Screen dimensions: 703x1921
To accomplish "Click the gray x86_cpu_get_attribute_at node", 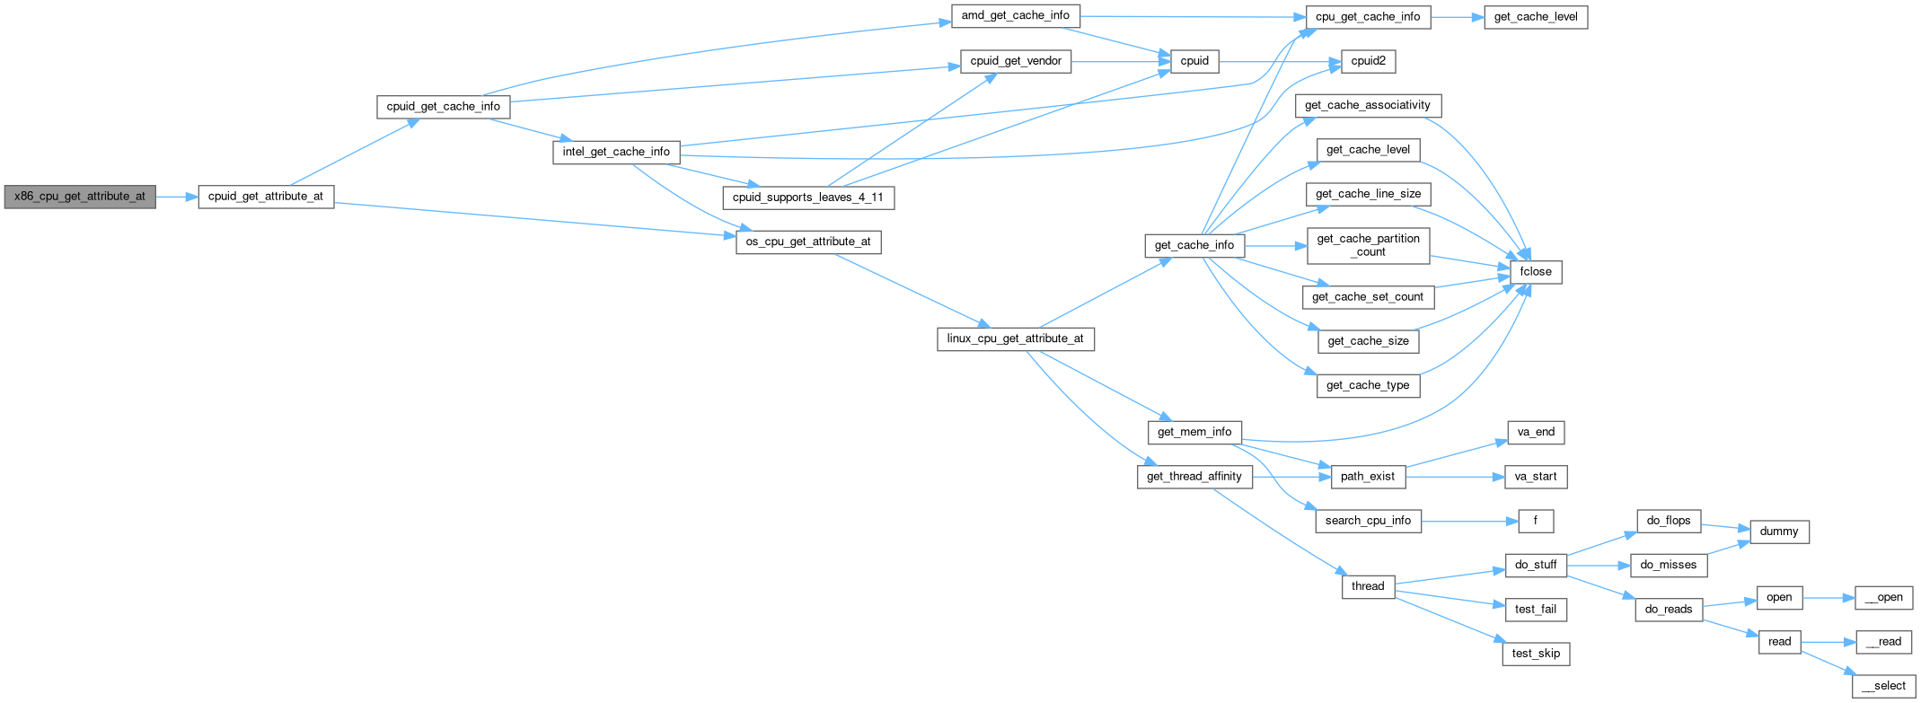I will coord(80,197).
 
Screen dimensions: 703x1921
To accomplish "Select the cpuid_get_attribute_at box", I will coord(266,197).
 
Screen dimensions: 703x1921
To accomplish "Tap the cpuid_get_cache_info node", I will coord(443,107).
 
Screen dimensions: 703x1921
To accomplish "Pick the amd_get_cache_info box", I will coord(1015,16).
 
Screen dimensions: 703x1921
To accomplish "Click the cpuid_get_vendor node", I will coord(1016,61).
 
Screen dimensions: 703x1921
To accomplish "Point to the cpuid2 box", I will coord(1368,61).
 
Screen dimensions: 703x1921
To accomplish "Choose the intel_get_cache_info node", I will coord(616,152).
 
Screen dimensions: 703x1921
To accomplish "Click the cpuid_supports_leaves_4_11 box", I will coord(808,198).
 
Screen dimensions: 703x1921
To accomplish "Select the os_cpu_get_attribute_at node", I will coord(808,242).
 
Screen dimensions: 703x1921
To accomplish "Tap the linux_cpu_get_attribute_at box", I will coord(1015,338).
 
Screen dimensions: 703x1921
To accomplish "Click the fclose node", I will coord(1536,271).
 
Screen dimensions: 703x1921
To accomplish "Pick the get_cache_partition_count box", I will coord(1368,245).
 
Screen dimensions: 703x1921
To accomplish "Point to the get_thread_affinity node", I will coord(1194,477).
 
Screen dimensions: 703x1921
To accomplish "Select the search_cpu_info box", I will coord(1368,521).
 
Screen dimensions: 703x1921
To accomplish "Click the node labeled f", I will coord(1536,521).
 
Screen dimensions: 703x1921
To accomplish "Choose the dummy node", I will coord(1779,532).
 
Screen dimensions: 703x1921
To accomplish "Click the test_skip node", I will coord(1536,654).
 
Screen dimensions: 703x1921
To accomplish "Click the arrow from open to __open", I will coord(1828,598).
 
